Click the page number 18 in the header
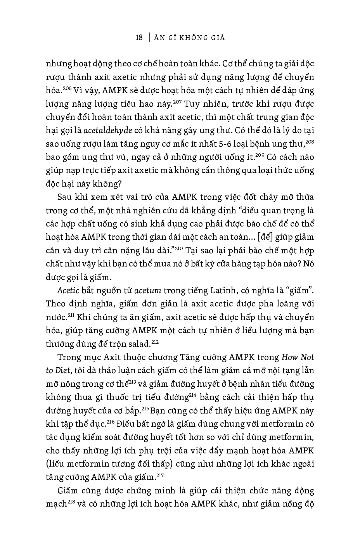pos(139,38)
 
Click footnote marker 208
pos(310,142)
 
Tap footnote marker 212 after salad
pos(155,342)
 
